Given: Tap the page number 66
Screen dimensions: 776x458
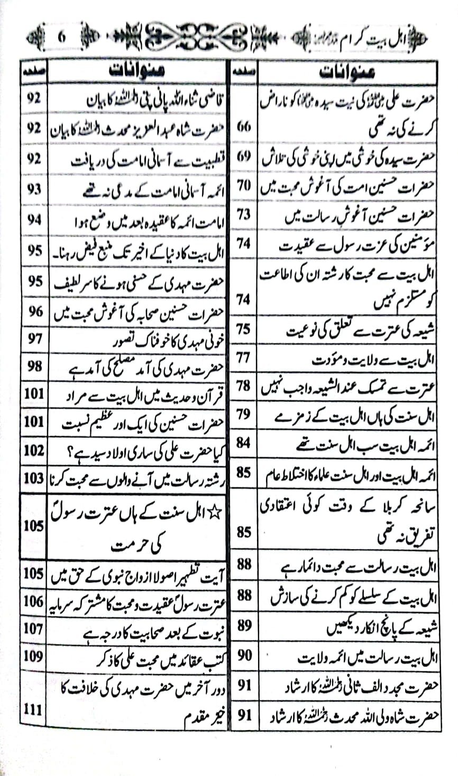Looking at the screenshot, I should click(x=244, y=128).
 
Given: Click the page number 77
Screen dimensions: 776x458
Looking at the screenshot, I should click(x=243, y=358).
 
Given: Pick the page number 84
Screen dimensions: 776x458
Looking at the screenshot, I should click(x=243, y=442).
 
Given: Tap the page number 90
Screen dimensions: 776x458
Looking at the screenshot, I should click(x=244, y=657).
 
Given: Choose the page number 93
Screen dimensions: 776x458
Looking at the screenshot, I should click(x=34, y=189).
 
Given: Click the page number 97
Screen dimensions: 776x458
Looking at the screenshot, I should click(x=34, y=338).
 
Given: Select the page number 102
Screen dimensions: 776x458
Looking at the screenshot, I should click(x=34, y=451).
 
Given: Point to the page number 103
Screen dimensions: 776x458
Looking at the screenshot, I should click(x=33, y=479).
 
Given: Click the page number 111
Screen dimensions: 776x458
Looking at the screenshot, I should click(x=33, y=709).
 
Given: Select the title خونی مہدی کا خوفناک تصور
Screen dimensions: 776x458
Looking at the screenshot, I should click(x=154, y=339).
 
